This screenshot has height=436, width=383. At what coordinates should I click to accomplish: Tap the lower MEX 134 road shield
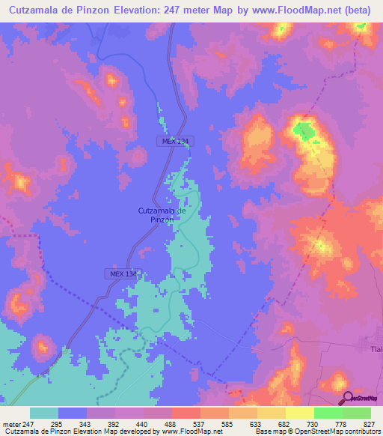[x=120, y=274]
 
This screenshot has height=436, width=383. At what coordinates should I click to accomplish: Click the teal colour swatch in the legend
[x=44, y=414]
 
